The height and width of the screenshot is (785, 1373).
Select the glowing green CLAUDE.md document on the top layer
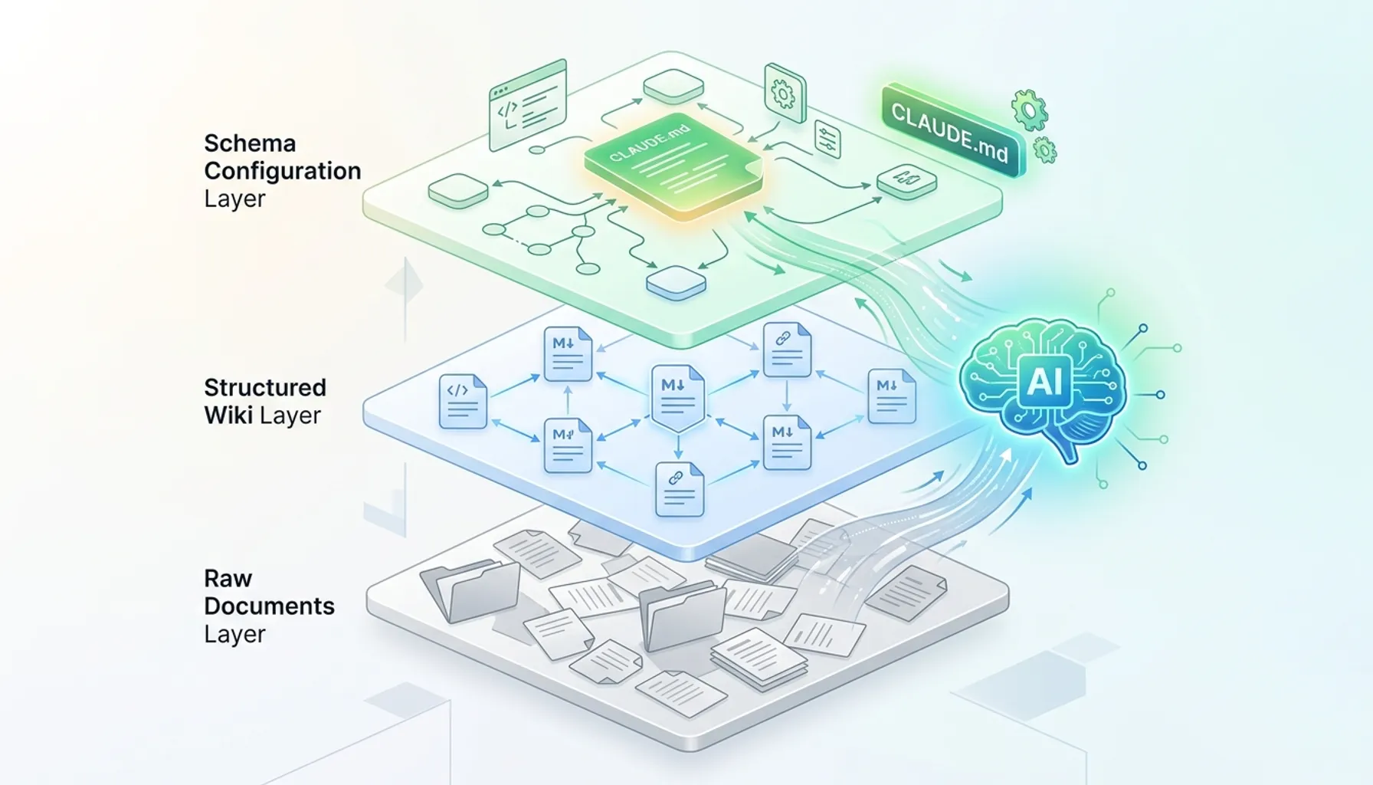point(673,170)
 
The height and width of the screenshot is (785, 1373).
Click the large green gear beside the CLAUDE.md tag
point(1029,110)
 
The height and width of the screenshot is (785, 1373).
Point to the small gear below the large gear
point(1044,150)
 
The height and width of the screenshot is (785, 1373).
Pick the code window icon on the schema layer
point(527,106)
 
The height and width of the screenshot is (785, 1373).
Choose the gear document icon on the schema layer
point(785,94)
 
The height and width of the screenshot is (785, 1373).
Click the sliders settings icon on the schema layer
point(827,140)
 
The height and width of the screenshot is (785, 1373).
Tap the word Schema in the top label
point(250,143)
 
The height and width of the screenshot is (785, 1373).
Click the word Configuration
point(283,171)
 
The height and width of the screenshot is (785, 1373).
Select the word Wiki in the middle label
point(228,415)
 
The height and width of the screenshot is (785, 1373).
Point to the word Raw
point(228,578)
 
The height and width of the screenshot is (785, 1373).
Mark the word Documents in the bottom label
point(269,606)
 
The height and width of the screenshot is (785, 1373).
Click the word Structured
point(265,388)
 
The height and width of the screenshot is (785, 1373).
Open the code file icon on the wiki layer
point(463,401)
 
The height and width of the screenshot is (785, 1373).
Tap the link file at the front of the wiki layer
point(680,489)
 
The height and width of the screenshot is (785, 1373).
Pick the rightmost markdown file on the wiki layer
point(892,396)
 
